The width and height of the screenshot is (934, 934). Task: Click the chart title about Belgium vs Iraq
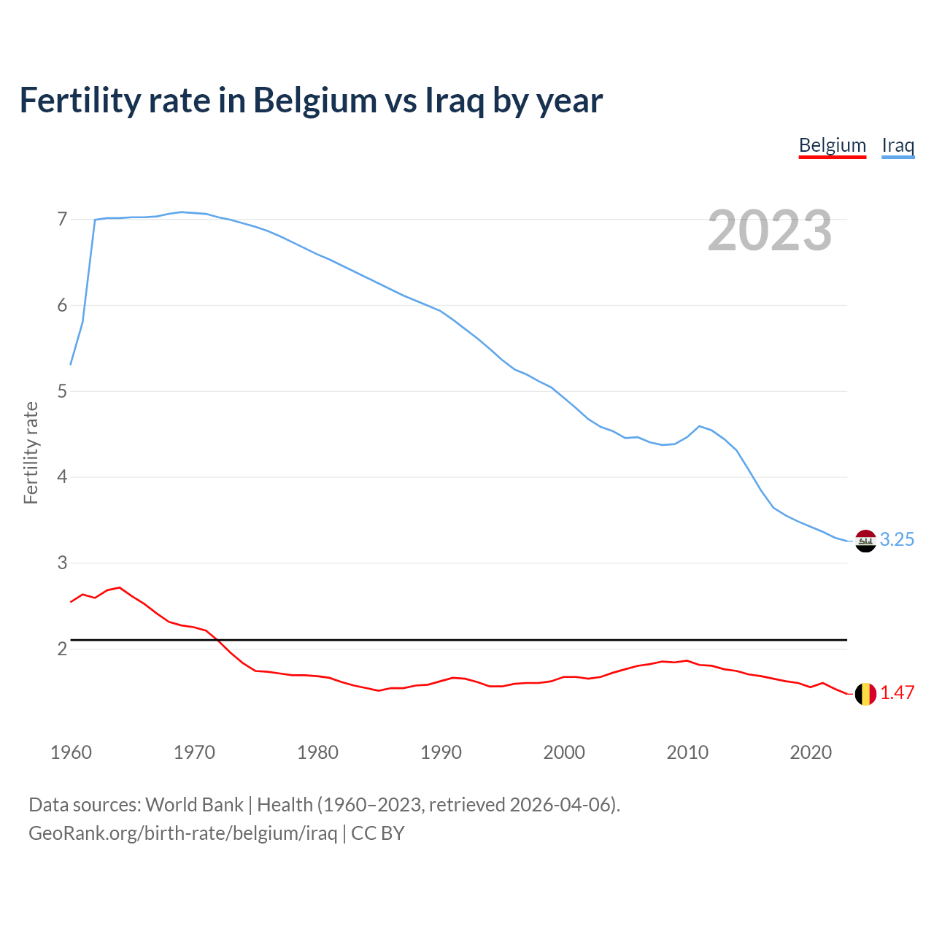pos(311,101)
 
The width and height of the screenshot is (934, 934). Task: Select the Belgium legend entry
pos(832,145)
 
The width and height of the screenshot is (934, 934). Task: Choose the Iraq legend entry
pos(898,145)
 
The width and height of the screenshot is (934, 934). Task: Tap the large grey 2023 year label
pos(769,231)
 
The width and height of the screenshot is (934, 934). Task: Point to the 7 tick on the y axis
pos(62,220)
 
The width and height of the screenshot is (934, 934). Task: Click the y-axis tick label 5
pos(62,392)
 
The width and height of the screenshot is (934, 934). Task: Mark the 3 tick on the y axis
pos(62,563)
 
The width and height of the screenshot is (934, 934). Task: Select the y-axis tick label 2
pos(62,649)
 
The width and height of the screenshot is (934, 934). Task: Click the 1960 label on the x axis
pos(71,752)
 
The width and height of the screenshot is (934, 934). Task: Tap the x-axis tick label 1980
pos(317,752)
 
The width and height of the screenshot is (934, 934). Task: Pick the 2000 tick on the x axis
pos(564,752)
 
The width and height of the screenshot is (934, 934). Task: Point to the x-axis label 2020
pos(811,752)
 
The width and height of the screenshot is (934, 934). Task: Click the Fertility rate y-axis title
pos(31,452)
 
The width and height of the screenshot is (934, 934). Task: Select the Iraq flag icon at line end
pos(865,541)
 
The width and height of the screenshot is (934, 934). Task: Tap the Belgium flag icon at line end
pos(865,694)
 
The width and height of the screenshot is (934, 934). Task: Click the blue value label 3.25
pos(897,540)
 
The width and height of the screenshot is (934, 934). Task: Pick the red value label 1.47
pos(897,693)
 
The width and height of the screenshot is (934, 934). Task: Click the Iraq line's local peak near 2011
pos(700,426)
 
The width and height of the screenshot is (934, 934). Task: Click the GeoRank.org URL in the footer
pos(182,833)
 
